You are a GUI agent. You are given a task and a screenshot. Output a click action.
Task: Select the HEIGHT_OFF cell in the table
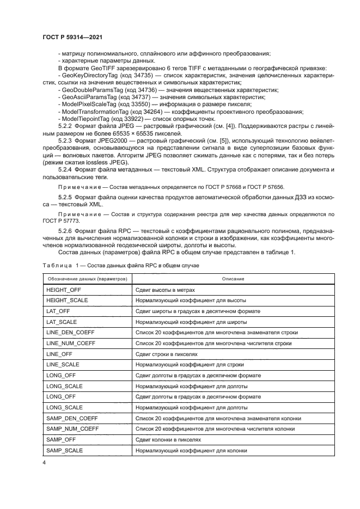pos(64,290)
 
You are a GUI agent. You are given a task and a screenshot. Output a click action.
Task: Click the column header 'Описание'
pos(233,279)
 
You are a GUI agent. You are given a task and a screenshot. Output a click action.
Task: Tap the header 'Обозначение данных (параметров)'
pos(86,279)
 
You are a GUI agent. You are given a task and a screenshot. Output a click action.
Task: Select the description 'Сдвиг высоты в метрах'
pos(165,290)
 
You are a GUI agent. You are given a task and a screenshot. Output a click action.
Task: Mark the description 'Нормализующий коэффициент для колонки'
pos(191,450)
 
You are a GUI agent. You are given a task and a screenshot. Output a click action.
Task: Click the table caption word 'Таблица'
pos(56,265)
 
